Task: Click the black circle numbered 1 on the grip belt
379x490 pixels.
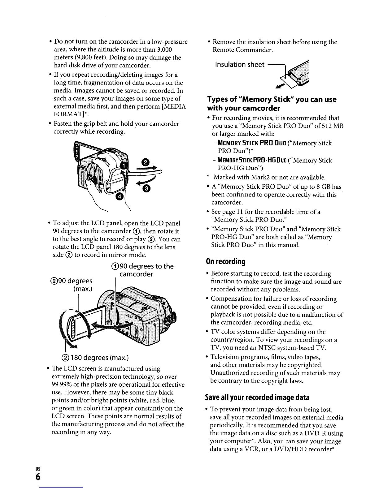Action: (123, 166)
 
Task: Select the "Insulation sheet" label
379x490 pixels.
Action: (240, 64)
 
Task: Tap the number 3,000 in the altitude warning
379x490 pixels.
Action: (164, 49)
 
